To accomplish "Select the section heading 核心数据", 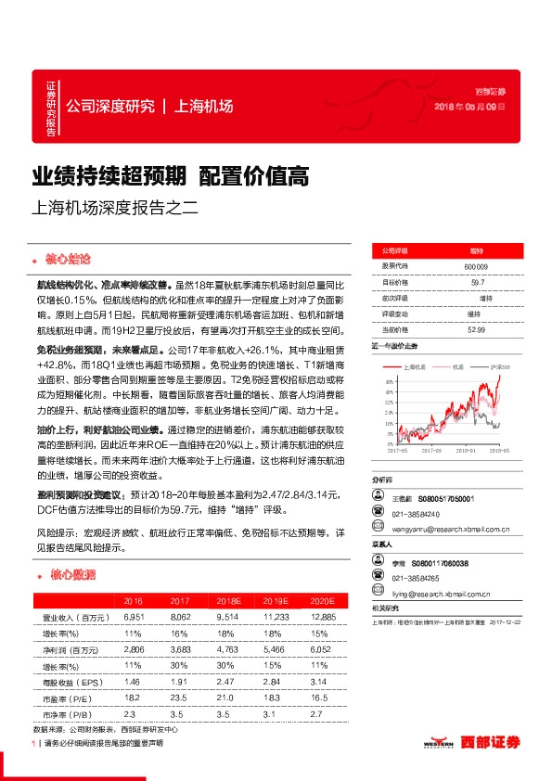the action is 71,575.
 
